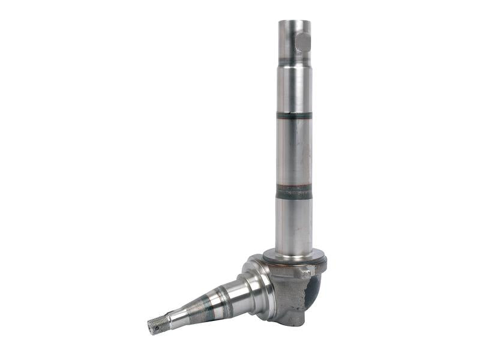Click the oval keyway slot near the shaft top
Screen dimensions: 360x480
(x=303, y=42)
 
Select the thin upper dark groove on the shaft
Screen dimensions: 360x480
(x=294, y=115)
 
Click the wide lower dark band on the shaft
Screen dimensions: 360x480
(x=294, y=192)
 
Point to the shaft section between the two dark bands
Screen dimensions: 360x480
(x=294, y=153)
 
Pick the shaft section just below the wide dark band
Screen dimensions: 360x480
(x=294, y=222)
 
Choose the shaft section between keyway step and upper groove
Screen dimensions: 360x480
(x=294, y=90)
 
